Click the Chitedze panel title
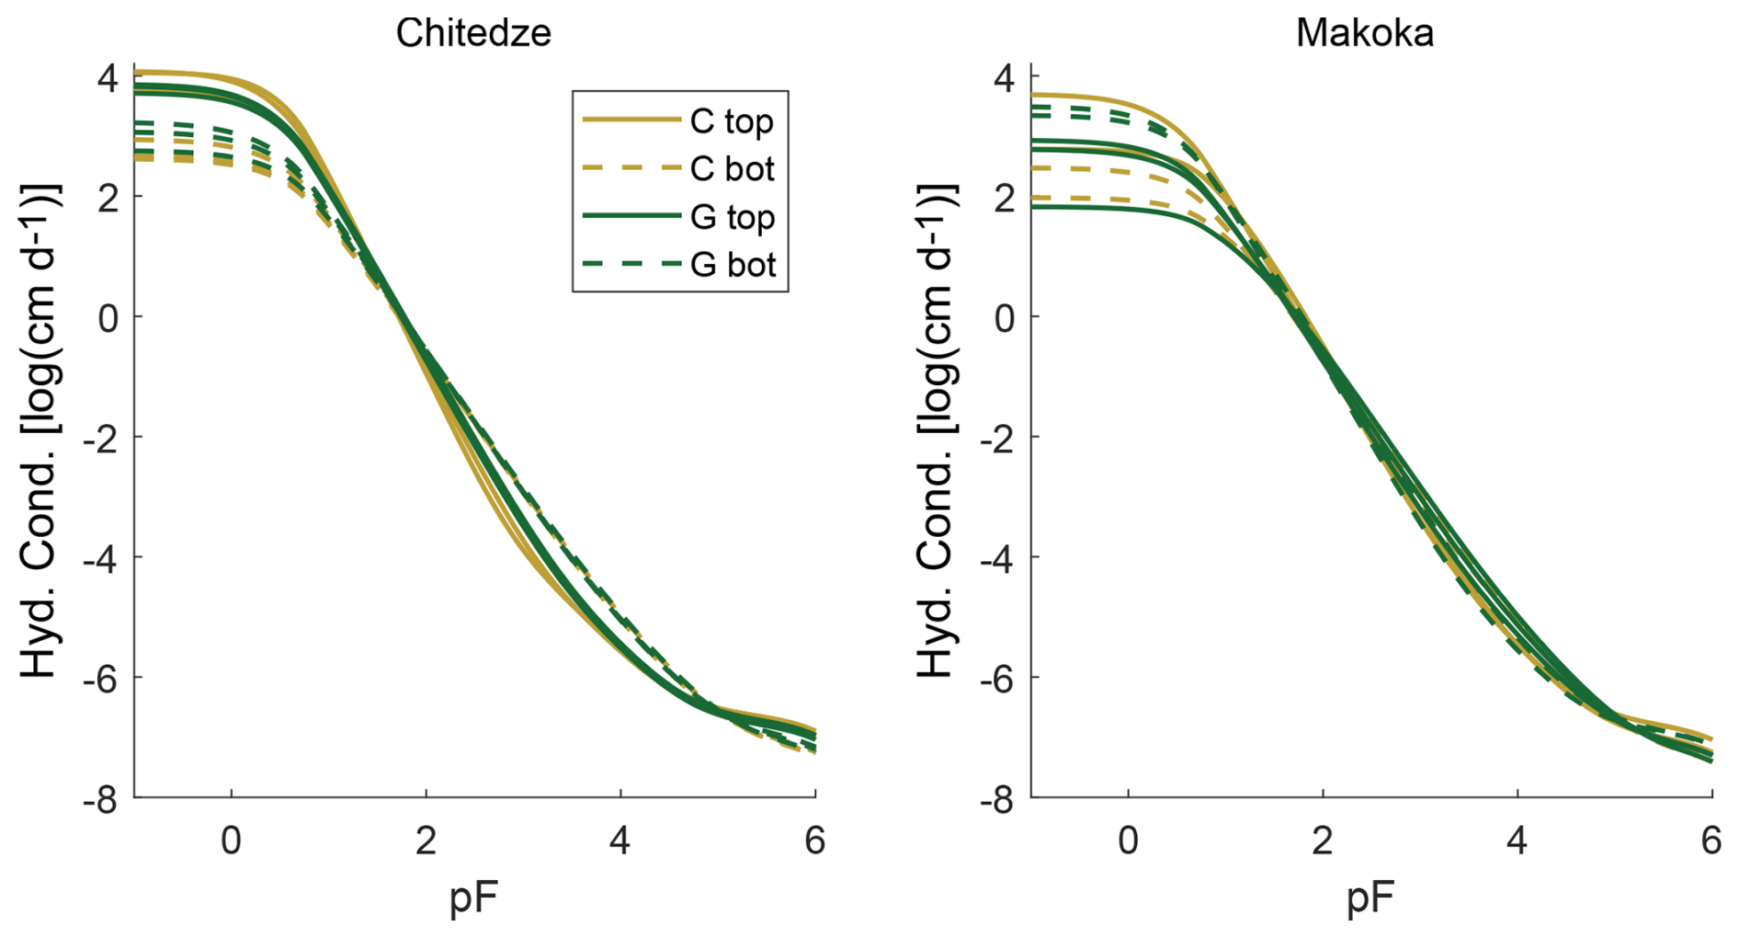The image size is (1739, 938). coord(473,33)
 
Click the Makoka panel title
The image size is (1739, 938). coord(1364,33)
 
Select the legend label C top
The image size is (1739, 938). coord(732,121)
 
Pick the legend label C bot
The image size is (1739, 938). coord(732,169)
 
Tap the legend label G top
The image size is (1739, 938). coord(732,218)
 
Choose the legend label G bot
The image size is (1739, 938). coord(733,265)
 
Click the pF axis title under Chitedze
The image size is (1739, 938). coord(473,898)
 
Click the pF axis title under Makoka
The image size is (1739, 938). coord(1370,898)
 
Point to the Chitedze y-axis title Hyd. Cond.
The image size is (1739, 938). coord(40,432)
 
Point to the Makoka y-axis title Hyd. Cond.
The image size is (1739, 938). coord(938,432)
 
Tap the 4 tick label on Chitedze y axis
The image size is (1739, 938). coord(108,78)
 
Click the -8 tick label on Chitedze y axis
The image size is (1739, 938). coord(100,800)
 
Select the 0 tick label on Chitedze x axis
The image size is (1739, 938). coord(231,841)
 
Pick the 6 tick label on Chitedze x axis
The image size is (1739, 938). coord(814,841)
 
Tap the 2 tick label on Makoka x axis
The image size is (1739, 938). coord(1323,841)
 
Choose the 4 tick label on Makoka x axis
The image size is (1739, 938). coord(1517,841)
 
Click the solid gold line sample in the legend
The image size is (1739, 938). coord(631,120)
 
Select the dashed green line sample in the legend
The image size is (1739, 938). coord(631,265)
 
